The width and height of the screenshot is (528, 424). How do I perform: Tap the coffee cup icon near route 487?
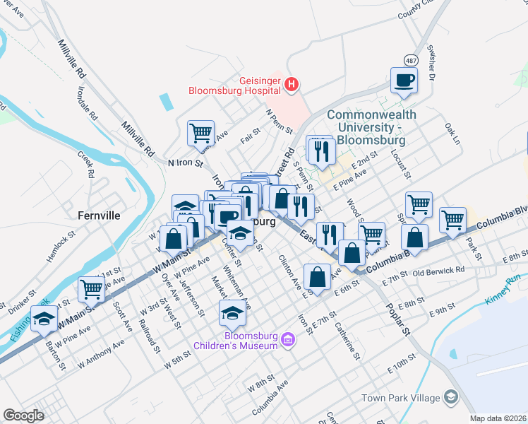pyautogui.click(x=404, y=81)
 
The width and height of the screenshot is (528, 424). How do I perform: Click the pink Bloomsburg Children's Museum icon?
pyautogui.click(x=287, y=341)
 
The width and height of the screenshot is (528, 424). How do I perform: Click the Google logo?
pyautogui.click(x=23, y=416)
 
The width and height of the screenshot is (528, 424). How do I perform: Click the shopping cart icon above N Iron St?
pyautogui.click(x=201, y=133)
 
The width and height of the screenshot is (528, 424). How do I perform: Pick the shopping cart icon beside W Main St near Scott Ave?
pyautogui.click(x=92, y=288)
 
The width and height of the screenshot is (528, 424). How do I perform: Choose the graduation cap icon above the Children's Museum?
pyautogui.click(x=232, y=312)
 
